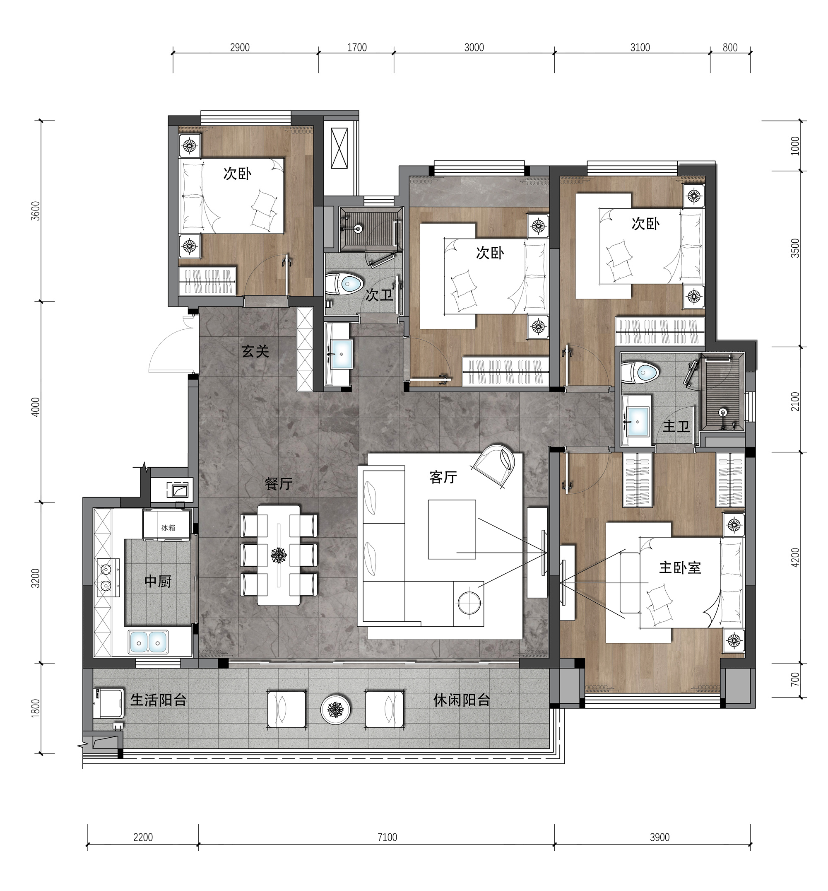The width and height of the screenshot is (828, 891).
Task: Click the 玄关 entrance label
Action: point(255,351)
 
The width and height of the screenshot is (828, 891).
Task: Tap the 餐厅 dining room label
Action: point(278,483)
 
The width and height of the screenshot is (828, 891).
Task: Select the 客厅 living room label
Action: point(443,477)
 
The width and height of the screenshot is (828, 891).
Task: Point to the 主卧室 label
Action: point(680,568)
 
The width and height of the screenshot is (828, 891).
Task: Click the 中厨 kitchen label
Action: point(158,581)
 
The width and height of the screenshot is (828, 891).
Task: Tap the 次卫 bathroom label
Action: point(379,295)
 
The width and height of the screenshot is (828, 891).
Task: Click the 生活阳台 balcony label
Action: point(158,700)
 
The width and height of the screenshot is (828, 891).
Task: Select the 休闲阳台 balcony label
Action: point(462,700)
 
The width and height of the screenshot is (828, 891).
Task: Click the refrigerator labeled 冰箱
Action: point(168,524)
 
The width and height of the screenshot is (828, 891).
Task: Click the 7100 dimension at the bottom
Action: point(387,837)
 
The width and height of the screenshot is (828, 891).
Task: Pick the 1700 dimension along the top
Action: point(357,48)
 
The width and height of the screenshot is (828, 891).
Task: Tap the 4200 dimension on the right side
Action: point(795,558)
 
